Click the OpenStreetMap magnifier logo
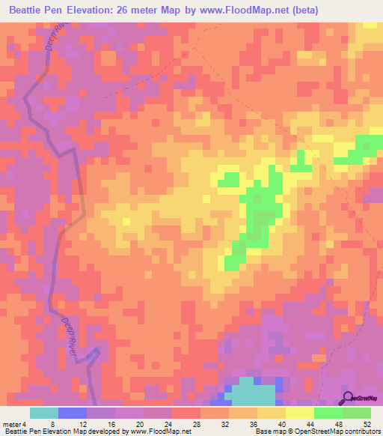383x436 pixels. (349, 398)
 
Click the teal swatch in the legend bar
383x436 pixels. (44, 413)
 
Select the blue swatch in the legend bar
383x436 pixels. (73, 413)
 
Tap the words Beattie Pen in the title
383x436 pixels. (35, 10)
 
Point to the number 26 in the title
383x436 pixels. (129, 10)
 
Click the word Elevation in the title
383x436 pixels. (93, 10)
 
